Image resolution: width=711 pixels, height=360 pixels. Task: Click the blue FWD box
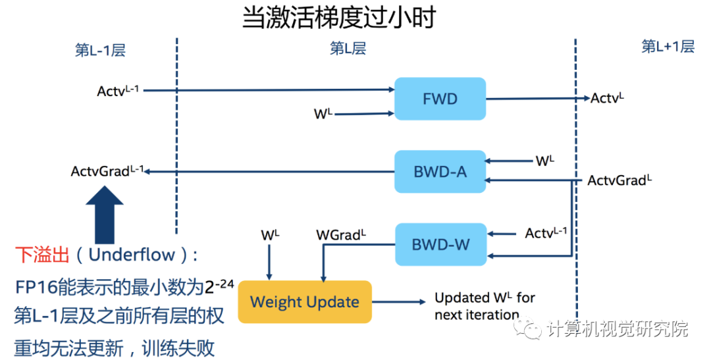(x=440, y=99)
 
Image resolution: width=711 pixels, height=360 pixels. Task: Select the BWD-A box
(x=440, y=171)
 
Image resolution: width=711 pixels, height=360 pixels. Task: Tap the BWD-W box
(x=440, y=244)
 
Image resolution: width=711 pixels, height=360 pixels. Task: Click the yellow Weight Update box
(x=305, y=302)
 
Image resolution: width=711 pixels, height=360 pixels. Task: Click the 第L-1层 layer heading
(x=100, y=50)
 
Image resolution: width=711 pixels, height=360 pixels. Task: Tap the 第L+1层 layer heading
(x=668, y=47)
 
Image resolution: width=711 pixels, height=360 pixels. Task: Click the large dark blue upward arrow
(x=104, y=215)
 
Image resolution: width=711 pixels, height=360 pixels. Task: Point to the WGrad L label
(x=340, y=234)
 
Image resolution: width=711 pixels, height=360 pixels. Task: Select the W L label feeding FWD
(x=323, y=113)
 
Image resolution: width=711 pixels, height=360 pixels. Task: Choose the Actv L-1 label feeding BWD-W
(x=546, y=232)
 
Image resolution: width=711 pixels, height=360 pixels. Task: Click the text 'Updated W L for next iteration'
(x=485, y=306)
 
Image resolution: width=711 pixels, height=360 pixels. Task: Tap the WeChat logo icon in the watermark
(x=527, y=327)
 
